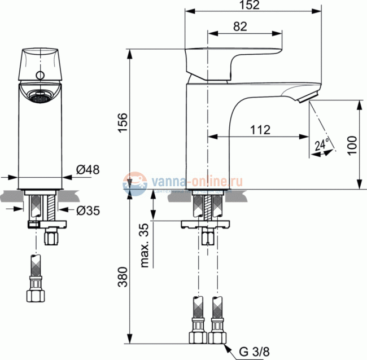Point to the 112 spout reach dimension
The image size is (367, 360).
tap(259, 130)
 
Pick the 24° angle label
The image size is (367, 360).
tap(322, 145)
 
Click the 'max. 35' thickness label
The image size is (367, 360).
tap(145, 247)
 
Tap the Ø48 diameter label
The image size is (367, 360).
tap(88, 169)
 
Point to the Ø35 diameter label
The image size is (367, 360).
tap(88, 210)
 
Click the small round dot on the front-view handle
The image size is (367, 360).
tap(40, 75)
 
